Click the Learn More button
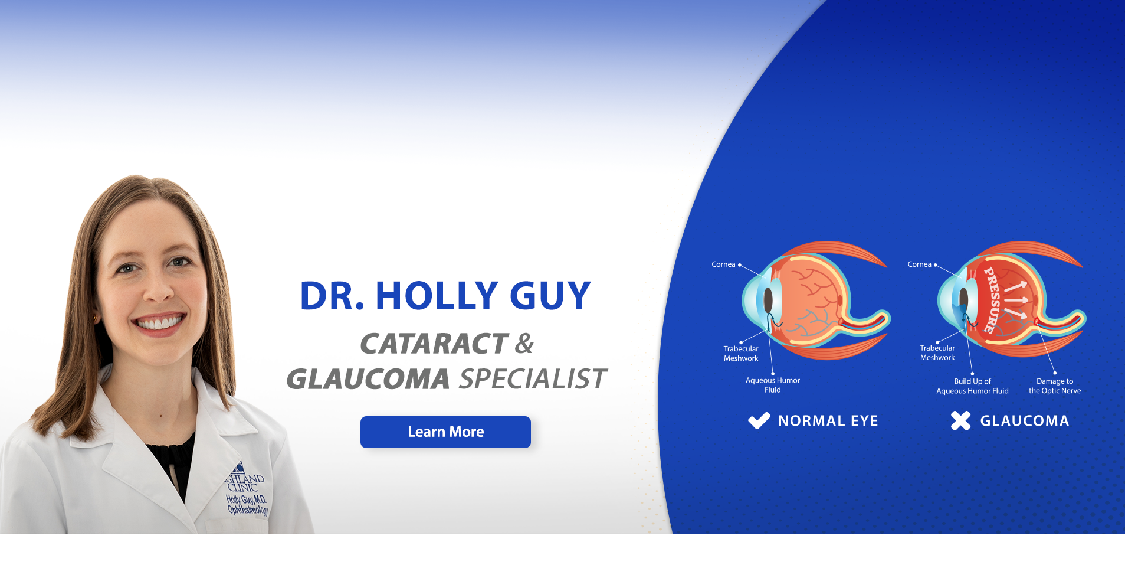(x=445, y=432)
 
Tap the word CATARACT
(x=434, y=344)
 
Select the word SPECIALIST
(x=533, y=379)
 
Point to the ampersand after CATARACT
(x=524, y=344)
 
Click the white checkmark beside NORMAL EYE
(x=759, y=421)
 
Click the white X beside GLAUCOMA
(x=960, y=421)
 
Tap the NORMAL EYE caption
(x=828, y=421)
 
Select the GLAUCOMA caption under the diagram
(x=1025, y=421)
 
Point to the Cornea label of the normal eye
(x=723, y=264)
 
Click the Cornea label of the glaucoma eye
(x=919, y=264)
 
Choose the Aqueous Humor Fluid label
(x=773, y=385)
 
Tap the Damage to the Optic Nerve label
(x=1055, y=386)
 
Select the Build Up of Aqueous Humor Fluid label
(x=972, y=386)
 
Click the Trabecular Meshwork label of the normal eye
(x=741, y=354)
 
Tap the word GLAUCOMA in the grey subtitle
(x=368, y=379)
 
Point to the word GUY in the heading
(x=550, y=295)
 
